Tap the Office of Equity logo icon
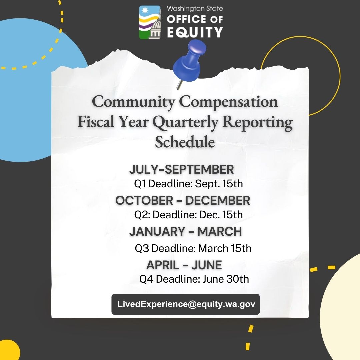pyautogui.click(x=150, y=22)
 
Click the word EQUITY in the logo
pyautogui.click(x=195, y=32)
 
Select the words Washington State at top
pyautogui.click(x=195, y=9)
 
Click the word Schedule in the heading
pyautogui.click(x=185, y=142)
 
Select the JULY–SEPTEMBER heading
pyautogui.click(x=181, y=169)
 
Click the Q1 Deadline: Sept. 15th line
pyautogui.click(x=188, y=184)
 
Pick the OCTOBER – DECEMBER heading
pyautogui.click(x=183, y=200)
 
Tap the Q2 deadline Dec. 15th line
pyautogui.click(x=188, y=215)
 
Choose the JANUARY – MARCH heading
pyautogui.click(x=186, y=231)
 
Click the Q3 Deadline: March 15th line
pyautogui.click(x=193, y=248)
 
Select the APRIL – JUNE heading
pyautogui.click(x=184, y=265)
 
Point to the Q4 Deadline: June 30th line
pyautogui.click(x=194, y=279)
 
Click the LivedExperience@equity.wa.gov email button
pyautogui.click(x=186, y=304)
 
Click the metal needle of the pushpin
pyautogui.click(x=179, y=84)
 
